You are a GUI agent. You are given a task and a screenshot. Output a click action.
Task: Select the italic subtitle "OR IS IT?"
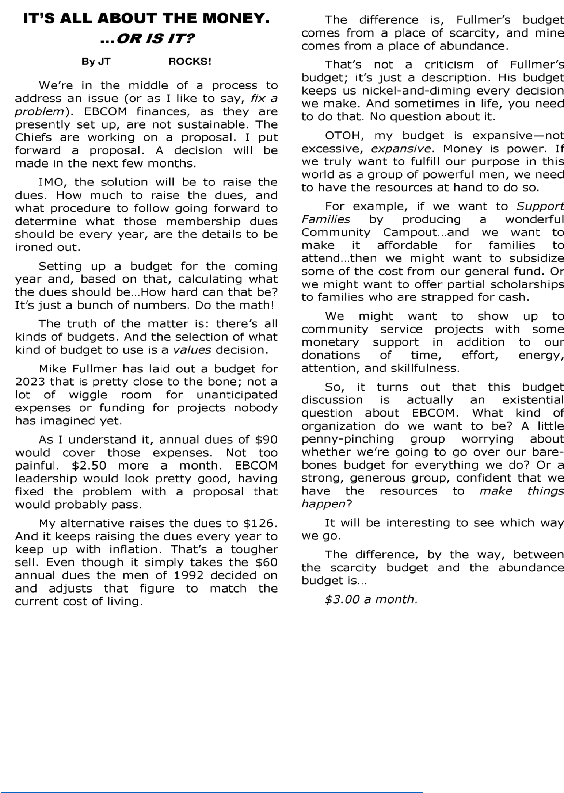pyautogui.click(x=155, y=38)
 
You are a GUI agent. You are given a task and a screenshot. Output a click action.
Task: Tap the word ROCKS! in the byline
pyautogui.click(x=190, y=61)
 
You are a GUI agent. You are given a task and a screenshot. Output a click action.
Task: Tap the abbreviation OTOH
pyautogui.click(x=344, y=135)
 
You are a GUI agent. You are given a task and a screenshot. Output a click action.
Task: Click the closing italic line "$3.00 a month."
pyautogui.click(x=371, y=599)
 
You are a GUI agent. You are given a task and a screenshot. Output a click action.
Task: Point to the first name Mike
pyautogui.click(x=52, y=369)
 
